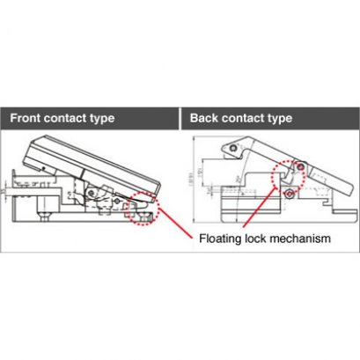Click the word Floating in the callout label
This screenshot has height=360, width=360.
click(222, 238)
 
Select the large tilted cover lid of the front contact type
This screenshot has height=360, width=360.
click(97, 163)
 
